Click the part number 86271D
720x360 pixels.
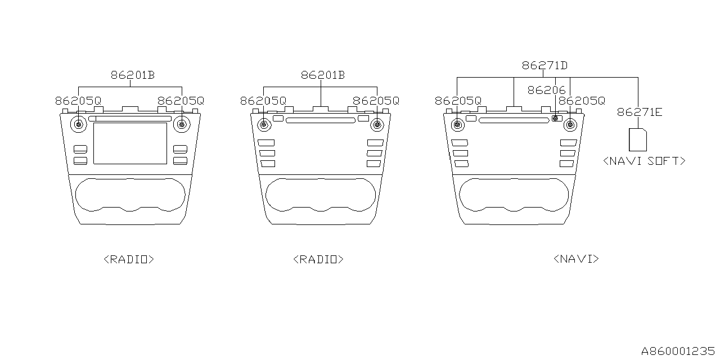click(x=544, y=65)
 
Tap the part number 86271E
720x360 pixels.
click(x=640, y=112)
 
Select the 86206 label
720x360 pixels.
click(x=546, y=89)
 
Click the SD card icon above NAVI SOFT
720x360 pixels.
click(x=637, y=139)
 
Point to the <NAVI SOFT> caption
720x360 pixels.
click(x=644, y=161)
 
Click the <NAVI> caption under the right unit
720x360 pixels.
click(x=576, y=259)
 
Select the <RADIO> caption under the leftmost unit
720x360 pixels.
click(x=129, y=259)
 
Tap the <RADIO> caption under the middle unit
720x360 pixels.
click(x=318, y=259)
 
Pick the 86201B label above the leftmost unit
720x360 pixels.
click(x=132, y=75)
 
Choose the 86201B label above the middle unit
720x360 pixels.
click(x=322, y=75)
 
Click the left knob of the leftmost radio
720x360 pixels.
click(x=79, y=124)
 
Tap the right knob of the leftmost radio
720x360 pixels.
click(x=181, y=124)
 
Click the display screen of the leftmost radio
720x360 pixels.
click(x=130, y=143)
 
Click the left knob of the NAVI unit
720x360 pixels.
click(x=457, y=124)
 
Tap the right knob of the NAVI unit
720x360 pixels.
click(x=570, y=124)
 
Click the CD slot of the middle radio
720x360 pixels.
click(x=320, y=120)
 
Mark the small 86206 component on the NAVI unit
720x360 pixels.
click(x=556, y=118)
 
